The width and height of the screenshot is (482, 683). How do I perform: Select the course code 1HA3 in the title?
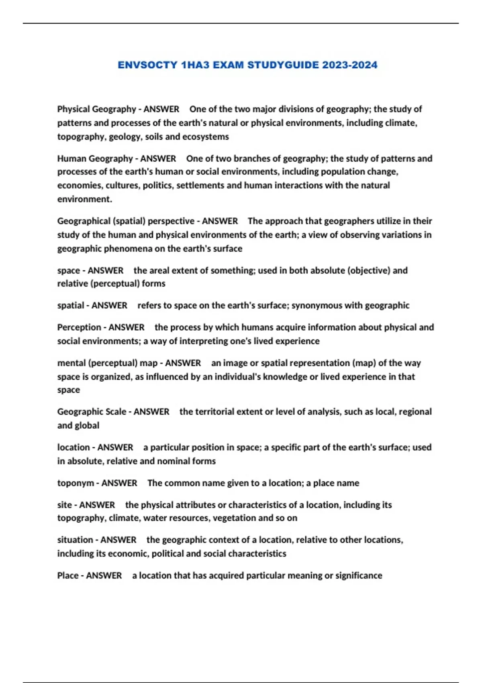[195, 65]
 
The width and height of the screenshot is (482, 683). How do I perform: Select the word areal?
[160, 270]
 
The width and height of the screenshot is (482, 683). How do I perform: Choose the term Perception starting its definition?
[79, 327]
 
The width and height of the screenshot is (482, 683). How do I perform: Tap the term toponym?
[76, 483]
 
